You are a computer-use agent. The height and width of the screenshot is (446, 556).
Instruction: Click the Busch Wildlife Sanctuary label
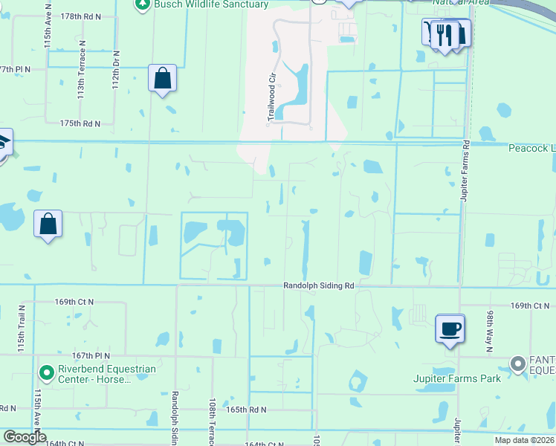tap(211, 4)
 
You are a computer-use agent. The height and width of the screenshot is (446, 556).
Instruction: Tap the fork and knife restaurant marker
tap(445, 35)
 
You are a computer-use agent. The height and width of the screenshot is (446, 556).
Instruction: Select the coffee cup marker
tap(450, 329)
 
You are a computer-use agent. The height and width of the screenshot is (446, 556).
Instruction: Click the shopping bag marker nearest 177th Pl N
tap(162, 78)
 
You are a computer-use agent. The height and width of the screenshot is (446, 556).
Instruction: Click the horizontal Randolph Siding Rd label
tap(318, 285)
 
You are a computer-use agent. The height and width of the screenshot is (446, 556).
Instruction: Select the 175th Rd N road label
tap(80, 123)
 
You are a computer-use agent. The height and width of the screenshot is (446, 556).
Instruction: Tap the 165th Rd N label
tap(246, 410)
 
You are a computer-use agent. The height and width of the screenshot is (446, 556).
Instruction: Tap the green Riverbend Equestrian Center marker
tap(47, 371)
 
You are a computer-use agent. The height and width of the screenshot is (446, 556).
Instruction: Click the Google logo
tap(25, 438)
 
